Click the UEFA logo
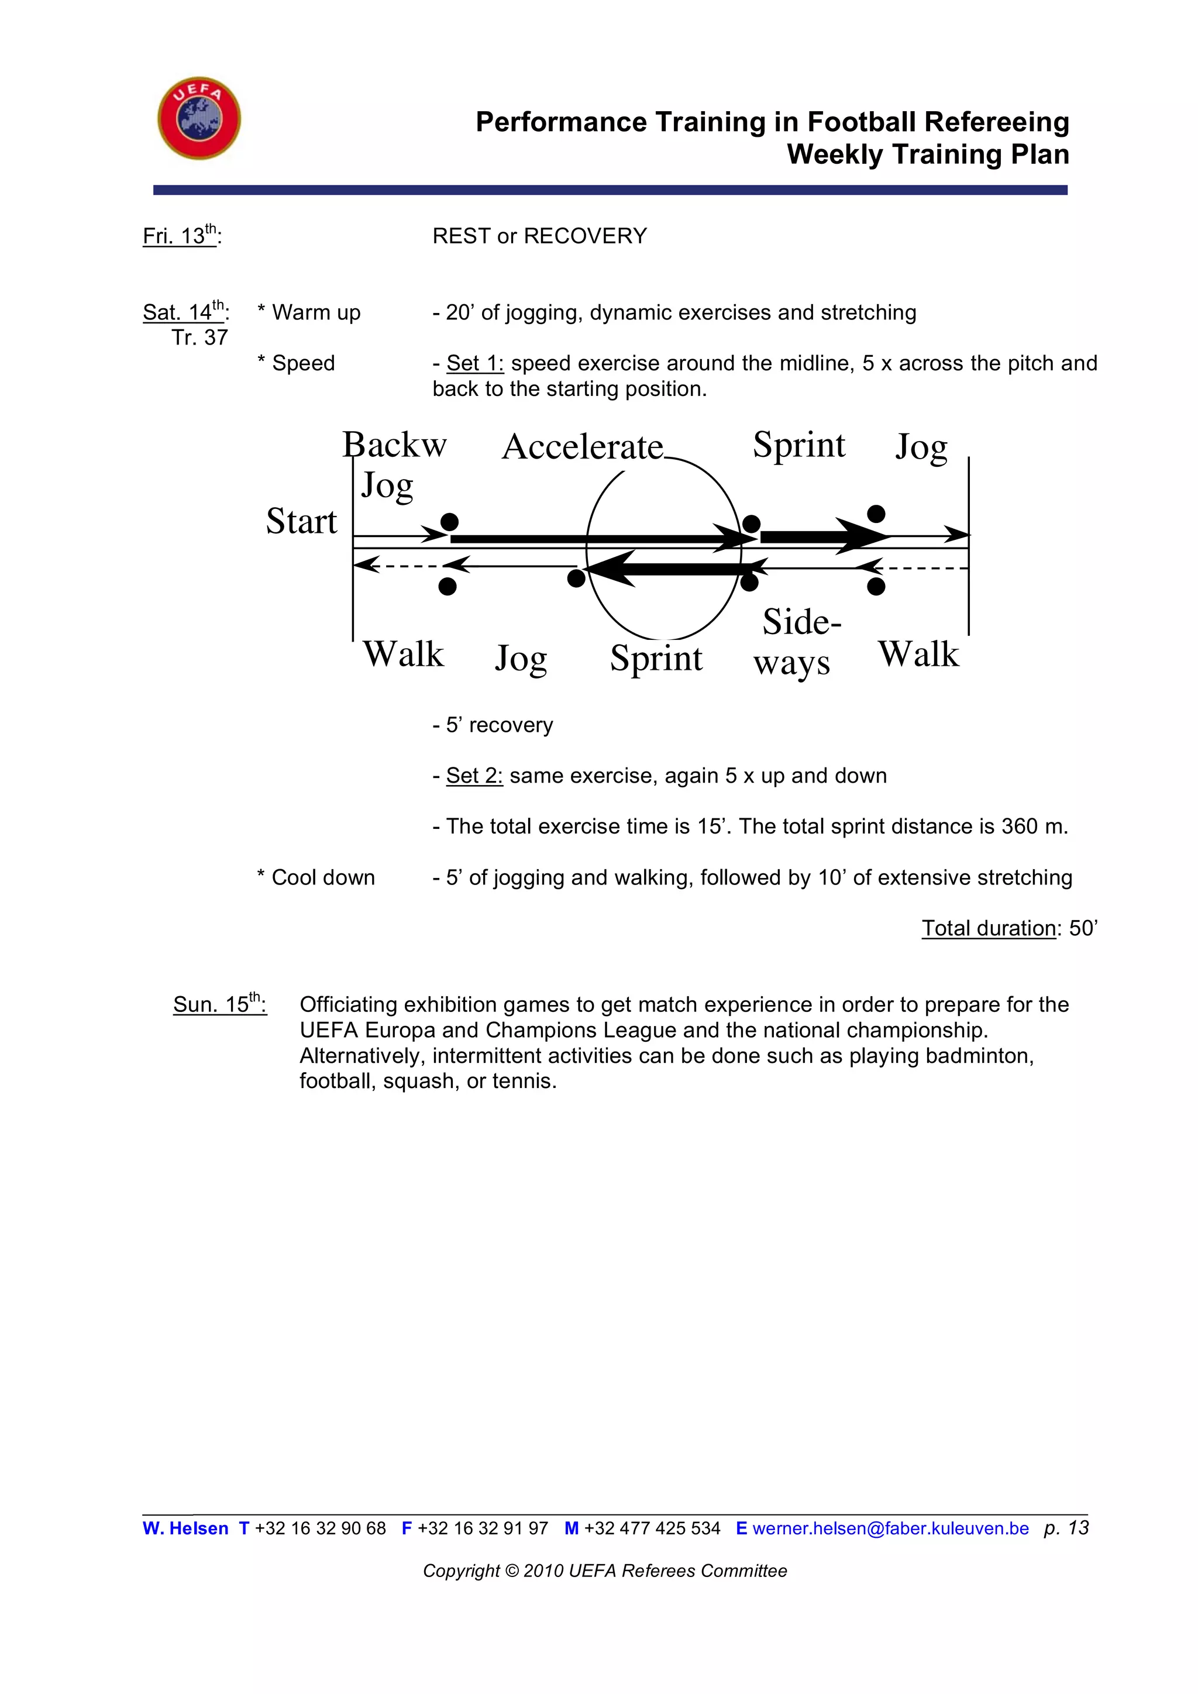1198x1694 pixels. (199, 118)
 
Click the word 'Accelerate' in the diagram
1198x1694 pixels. (582, 447)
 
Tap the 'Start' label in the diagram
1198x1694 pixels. (301, 522)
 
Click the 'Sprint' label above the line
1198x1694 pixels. (799, 445)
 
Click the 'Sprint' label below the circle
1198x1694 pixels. (656, 658)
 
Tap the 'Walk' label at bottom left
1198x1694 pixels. (403, 655)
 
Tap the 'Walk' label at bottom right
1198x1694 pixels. (918, 655)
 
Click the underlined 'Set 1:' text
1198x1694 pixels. (474, 363)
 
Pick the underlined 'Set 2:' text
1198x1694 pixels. (474, 776)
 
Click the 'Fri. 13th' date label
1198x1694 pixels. (181, 236)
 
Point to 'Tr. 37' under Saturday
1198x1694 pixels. (199, 338)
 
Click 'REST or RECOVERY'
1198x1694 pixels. (539, 236)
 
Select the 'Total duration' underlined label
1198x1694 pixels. (989, 928)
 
